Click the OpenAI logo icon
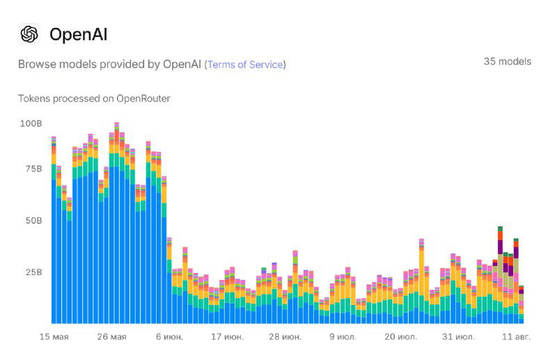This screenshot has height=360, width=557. (x=29, y=34)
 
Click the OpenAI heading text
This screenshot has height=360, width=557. (x=78, y=35)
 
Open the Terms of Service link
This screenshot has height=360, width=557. (x=245, y=64)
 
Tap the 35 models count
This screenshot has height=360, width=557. (x=507, y=61)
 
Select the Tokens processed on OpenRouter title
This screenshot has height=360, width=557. (x=94, y=98)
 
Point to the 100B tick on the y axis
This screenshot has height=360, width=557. (x=31, y=123)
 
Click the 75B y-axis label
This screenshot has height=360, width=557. (x=33, y=169)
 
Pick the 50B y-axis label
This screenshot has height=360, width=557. (x=33, y=220)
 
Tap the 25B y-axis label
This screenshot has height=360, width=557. (x=33, y=272)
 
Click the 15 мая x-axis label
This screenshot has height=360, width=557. (x=54, y=337)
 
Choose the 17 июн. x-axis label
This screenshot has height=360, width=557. (x=227, y=337)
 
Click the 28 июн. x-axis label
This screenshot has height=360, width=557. (x=285, y=337)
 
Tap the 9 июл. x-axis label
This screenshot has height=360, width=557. (x=342, y=337)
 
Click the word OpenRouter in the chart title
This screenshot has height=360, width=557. (x=143, y=98)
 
